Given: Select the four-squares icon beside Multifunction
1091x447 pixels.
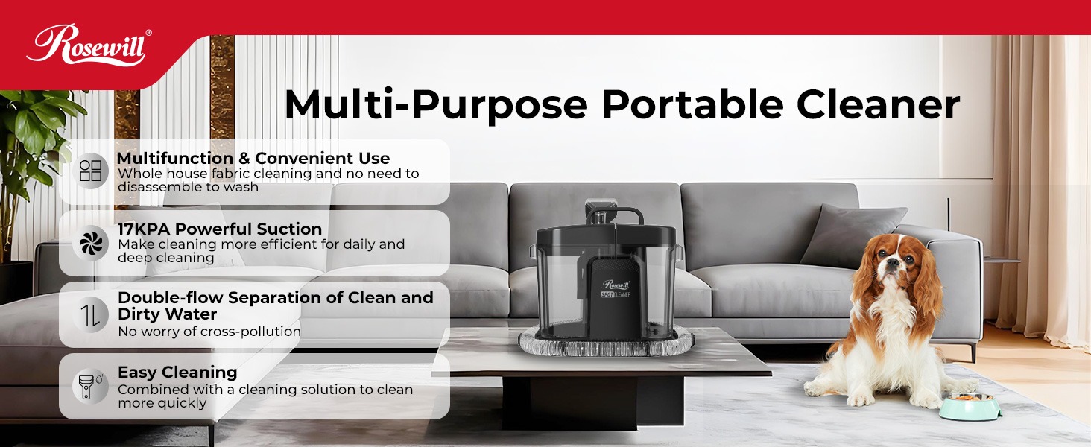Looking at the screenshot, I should (x=90, y=171).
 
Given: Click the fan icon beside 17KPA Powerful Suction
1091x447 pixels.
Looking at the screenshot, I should (x=90, y=243).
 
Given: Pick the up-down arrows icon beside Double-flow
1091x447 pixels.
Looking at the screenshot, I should (x=90, y=314).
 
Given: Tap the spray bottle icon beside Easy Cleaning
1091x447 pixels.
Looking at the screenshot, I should (x=88, y=386).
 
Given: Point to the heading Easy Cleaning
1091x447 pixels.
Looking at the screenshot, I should (x=177, y=372).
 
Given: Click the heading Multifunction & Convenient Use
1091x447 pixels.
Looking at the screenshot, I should (x=253, y=159).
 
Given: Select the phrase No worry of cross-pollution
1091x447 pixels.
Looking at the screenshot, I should (x=209, y=332).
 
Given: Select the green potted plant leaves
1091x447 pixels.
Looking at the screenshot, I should (x=34, y=142).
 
